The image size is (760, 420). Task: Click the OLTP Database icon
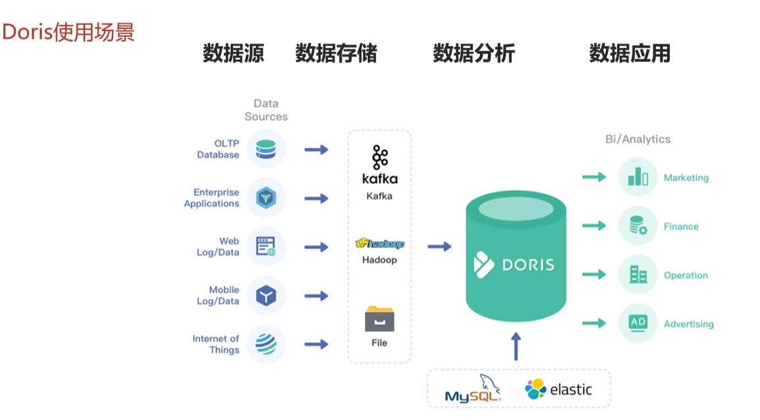pyautogui.click(x=265, y=149)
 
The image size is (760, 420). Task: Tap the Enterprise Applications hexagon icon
pyautogui.click(x=265, y=197)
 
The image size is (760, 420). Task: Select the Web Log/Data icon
pyautogui.click(x=265, y=247)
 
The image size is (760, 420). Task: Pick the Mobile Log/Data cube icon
pyautogui.click(x=265, y=296)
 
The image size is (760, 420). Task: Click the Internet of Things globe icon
pyautogui.click(x=265, y=344)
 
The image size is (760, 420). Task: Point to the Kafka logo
pyautogui.click(x=380, y=165)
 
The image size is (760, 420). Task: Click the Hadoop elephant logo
pyautogui.click(x=380, y=243)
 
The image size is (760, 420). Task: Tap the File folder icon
pyautogui.click(x=379, y=319)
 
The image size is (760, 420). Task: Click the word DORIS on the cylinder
pyautogui.click(x=528, y=265)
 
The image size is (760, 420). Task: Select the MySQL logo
pyautogui.click(x=473, y=388)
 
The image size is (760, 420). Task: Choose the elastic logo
pyautogui.click(x=558, y=389)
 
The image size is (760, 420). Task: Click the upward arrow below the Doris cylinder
pyautogui.click(x=516, y=346)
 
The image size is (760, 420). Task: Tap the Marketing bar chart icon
pyautogui.click(x=638, y=177)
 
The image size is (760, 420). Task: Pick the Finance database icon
pyautogui.click(x=638, y=226)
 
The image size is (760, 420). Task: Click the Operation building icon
pyautogui.click(x=638, y=275)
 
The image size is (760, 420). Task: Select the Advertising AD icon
pyautogui.click(x=638, y=323)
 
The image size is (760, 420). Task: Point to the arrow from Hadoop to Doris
pyautogui.click(x=440, y=247)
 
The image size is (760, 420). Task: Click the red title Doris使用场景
pyautogui.click(x=68, y=32)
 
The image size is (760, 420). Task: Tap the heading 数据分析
pyautogui.click(x=474, y=53)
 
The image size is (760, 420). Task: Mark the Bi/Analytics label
pyautogui.click(x=638, y=140)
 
